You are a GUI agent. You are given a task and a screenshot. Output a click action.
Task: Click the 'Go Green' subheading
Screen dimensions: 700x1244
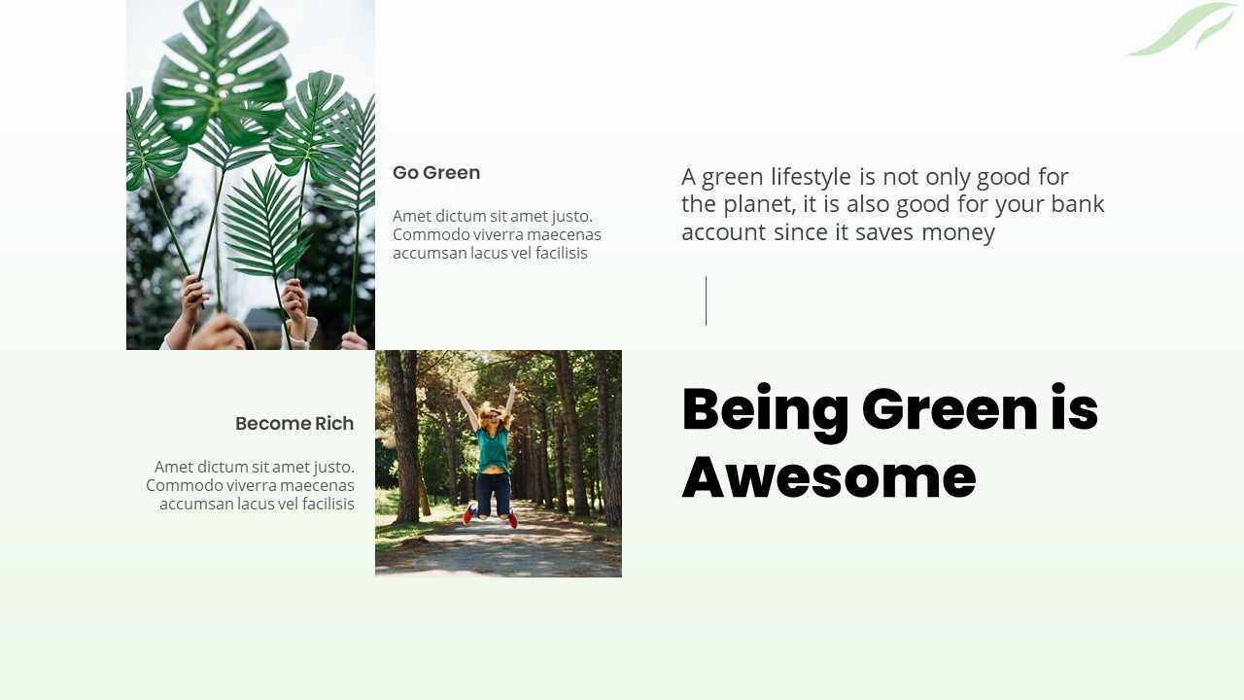click(436, 173)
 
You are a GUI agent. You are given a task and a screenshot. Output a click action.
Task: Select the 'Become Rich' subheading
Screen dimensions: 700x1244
click(294, 424)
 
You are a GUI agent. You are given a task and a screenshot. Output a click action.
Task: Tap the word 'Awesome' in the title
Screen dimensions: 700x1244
click(828, 477)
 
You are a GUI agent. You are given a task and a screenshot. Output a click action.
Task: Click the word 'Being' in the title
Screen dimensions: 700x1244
click(765, 409)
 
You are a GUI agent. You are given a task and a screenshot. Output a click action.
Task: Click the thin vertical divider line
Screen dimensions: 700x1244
click(706, 300)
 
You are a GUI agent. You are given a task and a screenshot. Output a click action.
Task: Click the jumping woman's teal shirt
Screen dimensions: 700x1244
click(494, 448)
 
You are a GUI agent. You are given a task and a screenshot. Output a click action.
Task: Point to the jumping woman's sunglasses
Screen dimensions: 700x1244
click(493, 416)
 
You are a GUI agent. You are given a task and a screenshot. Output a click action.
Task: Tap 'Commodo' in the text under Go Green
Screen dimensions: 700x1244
click(427, 235)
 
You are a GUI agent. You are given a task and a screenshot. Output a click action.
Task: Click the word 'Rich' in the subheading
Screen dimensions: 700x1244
click(333, 424)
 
